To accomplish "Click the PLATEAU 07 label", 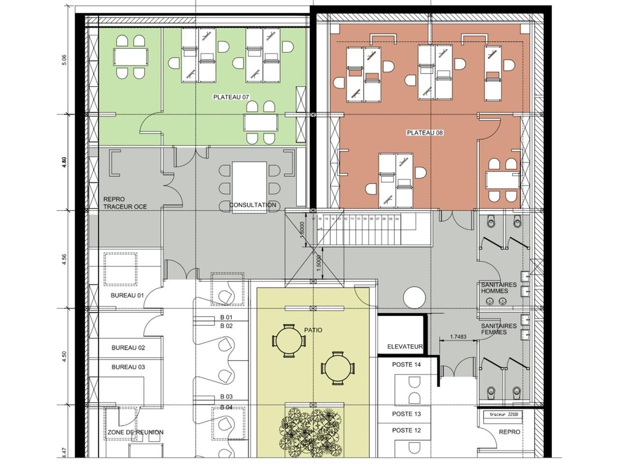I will (231, 97).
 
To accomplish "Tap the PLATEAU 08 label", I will (425, 132).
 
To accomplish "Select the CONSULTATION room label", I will (253, 205).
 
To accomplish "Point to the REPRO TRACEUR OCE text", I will (125, 203).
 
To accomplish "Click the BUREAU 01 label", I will (128, 295).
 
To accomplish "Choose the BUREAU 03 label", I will (128, 367).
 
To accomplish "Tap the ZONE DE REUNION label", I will (135, 432).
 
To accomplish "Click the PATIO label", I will (313, 330).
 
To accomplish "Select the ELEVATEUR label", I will (405, 347).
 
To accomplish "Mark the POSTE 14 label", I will (407, 364).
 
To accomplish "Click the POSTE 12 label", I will (406, 430).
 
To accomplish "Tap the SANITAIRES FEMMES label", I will (499, 329).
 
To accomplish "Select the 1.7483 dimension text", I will (457, 337).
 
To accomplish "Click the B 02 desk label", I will (226, 326).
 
